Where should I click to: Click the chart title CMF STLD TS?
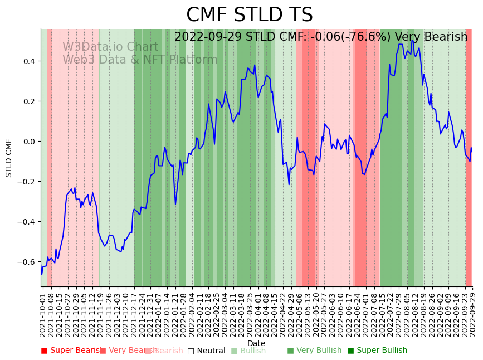point(249,15)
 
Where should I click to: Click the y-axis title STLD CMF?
point(9,158)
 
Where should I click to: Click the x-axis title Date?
point(256,343)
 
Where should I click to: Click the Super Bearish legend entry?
point(72,351)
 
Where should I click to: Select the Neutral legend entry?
point(207,351)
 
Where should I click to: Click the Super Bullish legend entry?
point(378,351)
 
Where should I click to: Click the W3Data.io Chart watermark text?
point(110,47)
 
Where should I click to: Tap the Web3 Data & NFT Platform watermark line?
point(140,60)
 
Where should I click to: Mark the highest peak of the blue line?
point(412,41)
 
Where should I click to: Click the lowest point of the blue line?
point(42,274)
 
